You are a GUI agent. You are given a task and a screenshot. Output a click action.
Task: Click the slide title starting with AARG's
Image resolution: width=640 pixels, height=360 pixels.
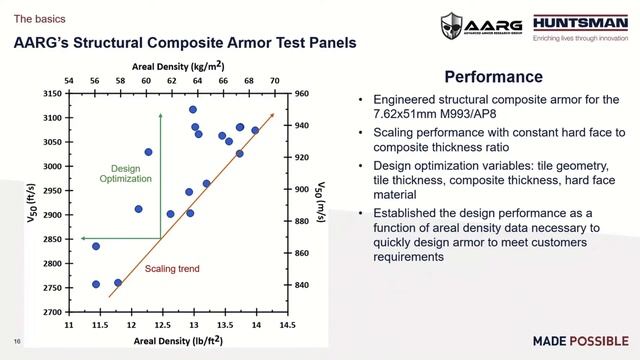coord(184,43)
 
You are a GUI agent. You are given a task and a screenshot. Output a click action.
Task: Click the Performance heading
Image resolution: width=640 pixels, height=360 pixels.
coord(493,77)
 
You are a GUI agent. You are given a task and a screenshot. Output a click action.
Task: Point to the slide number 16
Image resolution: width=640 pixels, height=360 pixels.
coord(17,338)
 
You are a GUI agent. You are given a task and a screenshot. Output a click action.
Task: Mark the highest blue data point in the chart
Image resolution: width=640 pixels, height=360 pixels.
coord(193,110)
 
